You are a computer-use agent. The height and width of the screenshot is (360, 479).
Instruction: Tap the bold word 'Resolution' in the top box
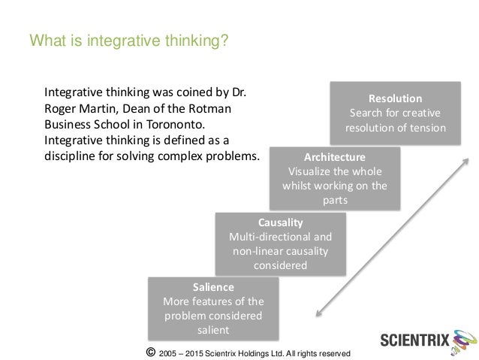click(395, 98)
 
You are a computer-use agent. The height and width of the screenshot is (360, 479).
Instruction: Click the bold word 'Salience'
click(213, 287)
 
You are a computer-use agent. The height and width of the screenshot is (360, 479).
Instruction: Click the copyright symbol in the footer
click(152, 352)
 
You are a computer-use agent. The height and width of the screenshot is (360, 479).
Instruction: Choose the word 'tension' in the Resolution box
click(428, 128)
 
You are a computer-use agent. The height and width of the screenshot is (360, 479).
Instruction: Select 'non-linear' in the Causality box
click(262, 252)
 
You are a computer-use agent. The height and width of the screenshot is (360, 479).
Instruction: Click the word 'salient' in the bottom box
click(213, 329)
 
